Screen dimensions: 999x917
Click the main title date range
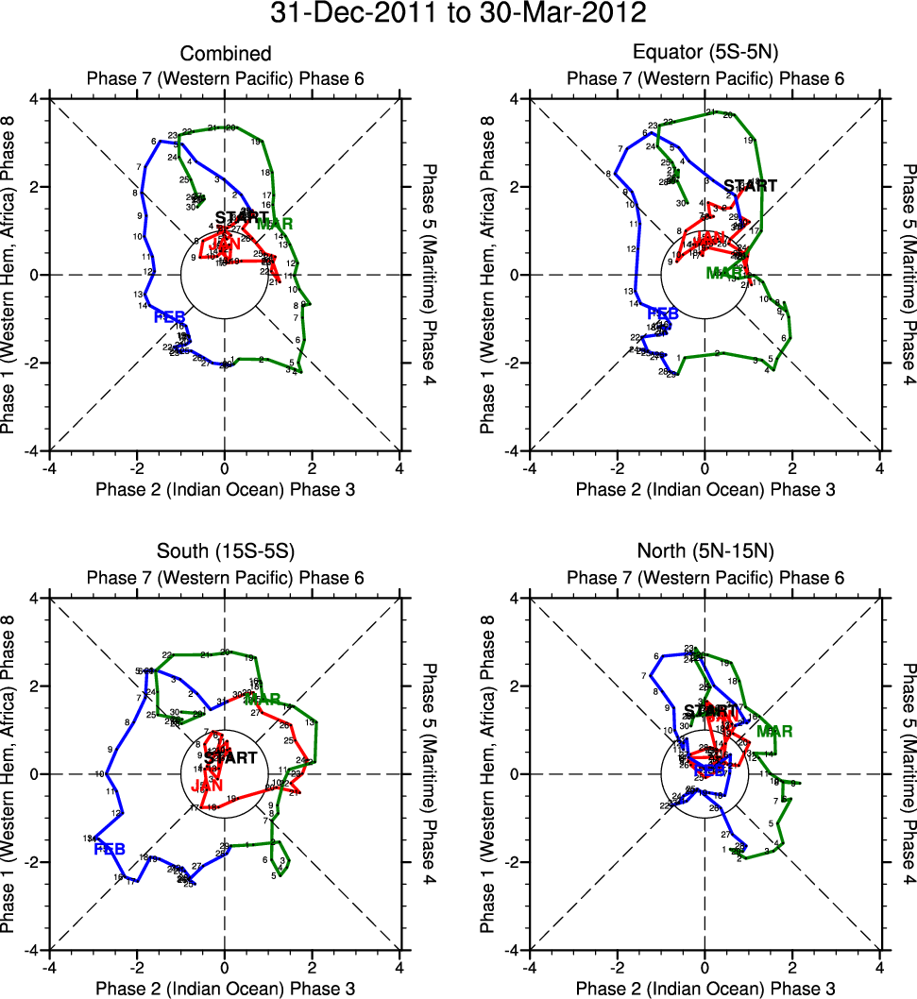pyautogui.click(x=458, y=14)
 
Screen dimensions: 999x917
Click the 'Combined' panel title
pyautogui.click(x=226, y=54)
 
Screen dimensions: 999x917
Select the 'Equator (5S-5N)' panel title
pyautogui.click(x=705, y=54)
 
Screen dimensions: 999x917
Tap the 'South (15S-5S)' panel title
pyautogui.click(x=226, y=553)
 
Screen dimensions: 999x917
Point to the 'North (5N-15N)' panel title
pyautogui.click(x=705, y=553)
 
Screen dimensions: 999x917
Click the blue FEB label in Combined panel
pyautogui.click(x=169, y=316)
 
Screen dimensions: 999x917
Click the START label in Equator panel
pyautogui.click(x=751, y=186)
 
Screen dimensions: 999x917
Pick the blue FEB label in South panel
pyautogui.click(x=110, y=850)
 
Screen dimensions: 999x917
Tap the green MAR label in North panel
pyautogui.click(x=774, y=731)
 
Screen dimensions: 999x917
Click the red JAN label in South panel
pyautogui.click(x=207, y=786)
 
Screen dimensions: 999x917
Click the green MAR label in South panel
pyautogui.click(x=263, y=700)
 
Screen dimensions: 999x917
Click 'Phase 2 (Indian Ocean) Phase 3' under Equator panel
pyautogui.click(x=705, y=489)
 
